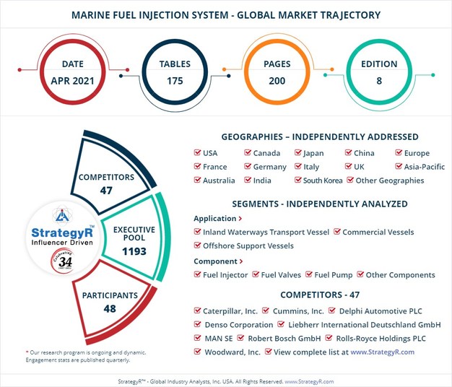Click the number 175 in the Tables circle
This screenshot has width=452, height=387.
[x=175, y=80]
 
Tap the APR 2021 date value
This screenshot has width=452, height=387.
[x=72, y=80]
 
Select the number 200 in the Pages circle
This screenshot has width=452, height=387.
[x=278, y=80]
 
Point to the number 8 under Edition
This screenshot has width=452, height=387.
[x=379, y=80]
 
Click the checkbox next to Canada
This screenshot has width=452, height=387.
[x=248, y=153]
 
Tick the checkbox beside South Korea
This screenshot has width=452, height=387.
[x=297, y=181]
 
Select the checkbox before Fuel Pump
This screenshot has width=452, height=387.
[x=309, y=275]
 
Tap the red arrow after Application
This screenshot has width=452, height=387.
[x=240, y=219]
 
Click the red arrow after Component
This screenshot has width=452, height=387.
[x=240, y=262]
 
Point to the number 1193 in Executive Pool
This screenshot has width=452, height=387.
[x=134, y=251]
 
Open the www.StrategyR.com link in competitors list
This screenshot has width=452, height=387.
[x=383, y=352]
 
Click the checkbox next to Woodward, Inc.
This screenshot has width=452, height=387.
[x=198, y=352]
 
